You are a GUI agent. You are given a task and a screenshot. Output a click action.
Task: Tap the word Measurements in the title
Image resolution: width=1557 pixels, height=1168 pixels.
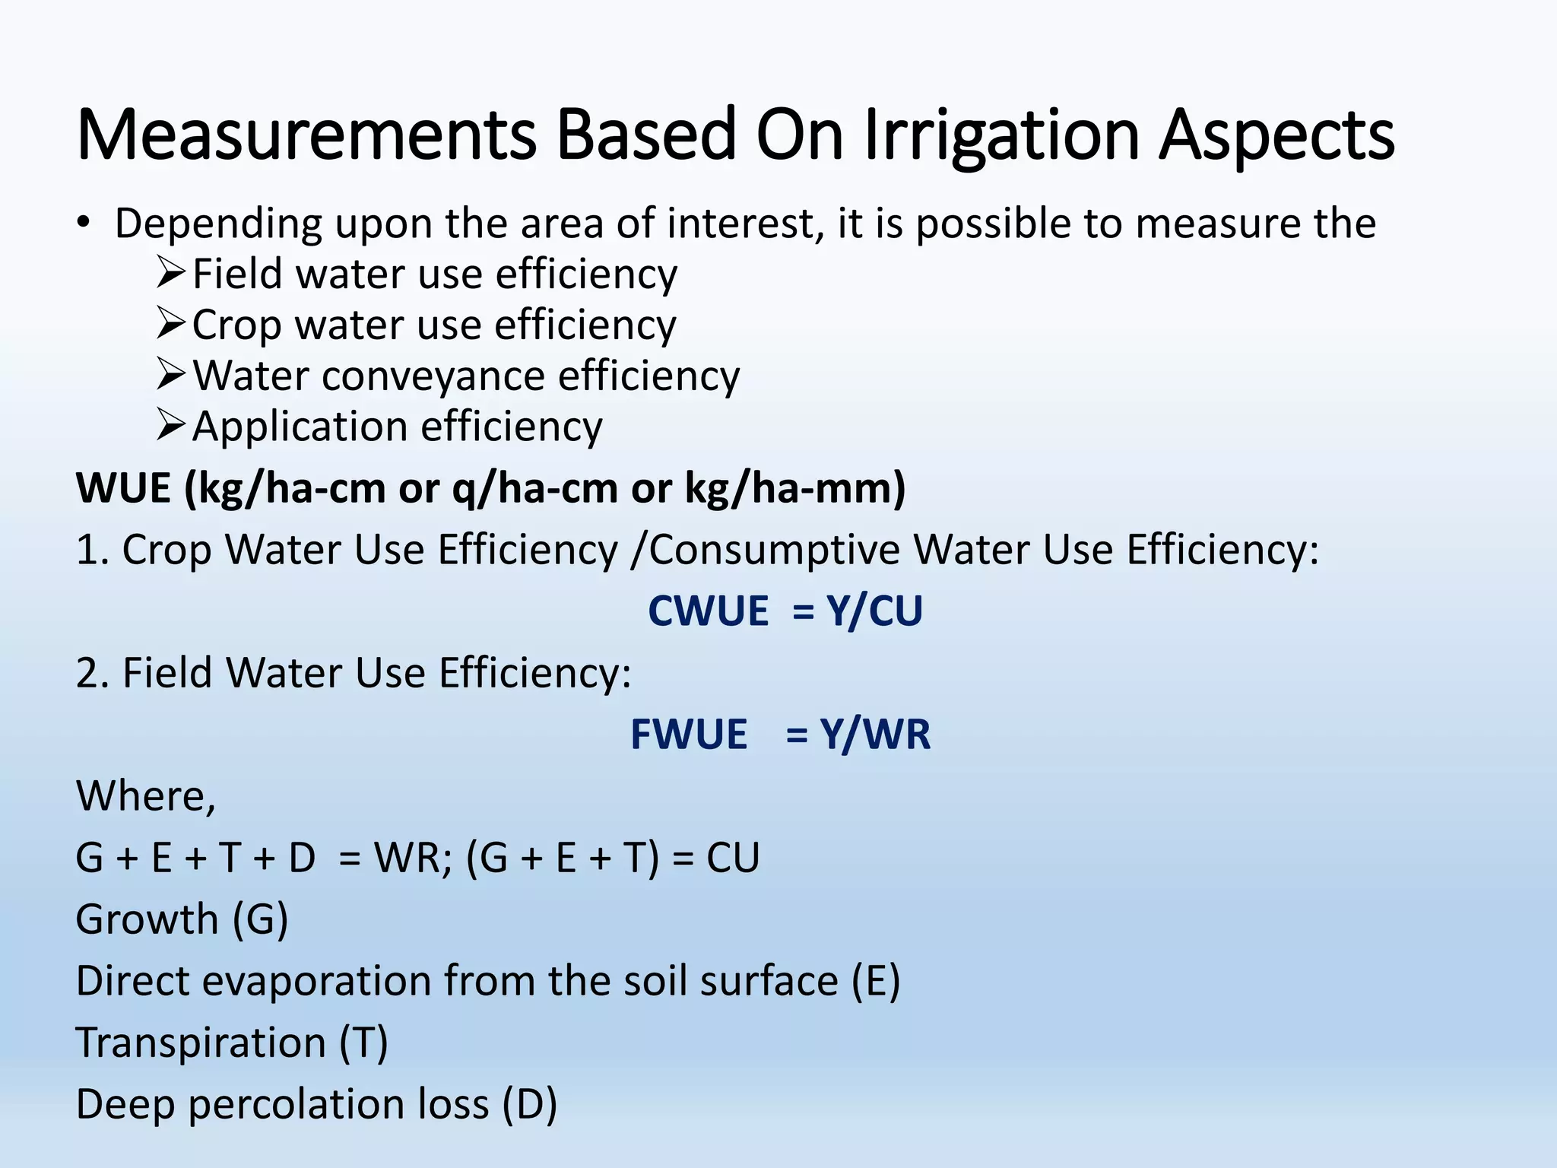306,135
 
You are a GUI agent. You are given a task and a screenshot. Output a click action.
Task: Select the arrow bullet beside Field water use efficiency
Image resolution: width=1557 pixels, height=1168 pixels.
171,273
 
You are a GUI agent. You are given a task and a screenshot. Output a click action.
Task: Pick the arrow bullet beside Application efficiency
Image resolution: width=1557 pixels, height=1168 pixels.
171,425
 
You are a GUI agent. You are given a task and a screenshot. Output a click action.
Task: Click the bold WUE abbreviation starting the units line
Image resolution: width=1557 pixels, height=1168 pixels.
123,488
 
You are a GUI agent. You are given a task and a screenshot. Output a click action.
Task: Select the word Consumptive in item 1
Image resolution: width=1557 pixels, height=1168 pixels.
774,550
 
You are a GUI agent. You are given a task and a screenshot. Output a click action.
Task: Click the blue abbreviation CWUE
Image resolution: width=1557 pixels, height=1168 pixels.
709,611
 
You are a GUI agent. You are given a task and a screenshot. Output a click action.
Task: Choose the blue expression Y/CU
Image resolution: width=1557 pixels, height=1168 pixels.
874,611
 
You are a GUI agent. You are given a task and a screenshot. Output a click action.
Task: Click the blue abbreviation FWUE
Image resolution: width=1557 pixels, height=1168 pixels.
689,735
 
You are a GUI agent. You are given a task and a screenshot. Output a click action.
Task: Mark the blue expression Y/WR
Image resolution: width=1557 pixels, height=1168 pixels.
875,735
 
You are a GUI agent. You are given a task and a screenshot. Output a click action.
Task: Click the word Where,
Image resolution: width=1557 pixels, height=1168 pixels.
146,796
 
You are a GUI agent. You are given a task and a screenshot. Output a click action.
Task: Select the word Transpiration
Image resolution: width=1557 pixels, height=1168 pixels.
201,1043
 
